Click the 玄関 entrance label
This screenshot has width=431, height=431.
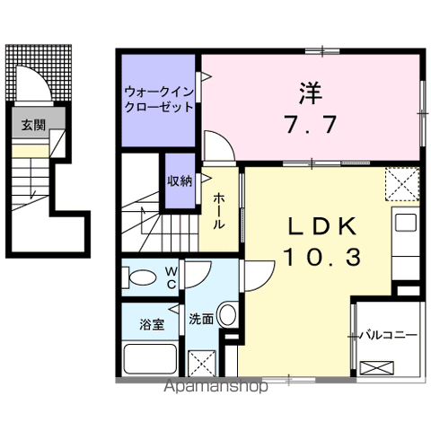click(x=32, y=125)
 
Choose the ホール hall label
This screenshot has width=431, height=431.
click(x=218, y=212)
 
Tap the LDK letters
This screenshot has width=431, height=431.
click(x=322, y=224)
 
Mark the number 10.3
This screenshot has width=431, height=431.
click(x=322, y=258)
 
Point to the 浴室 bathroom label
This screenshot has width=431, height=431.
click(x=150, y=324)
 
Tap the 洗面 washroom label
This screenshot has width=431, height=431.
click(x=201, y=318)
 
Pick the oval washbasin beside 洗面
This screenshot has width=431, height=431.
click(x=227, y=317)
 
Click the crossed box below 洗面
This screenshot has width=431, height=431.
click(x=201, y=363)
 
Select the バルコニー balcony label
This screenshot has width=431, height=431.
click(x=388, y=335)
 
